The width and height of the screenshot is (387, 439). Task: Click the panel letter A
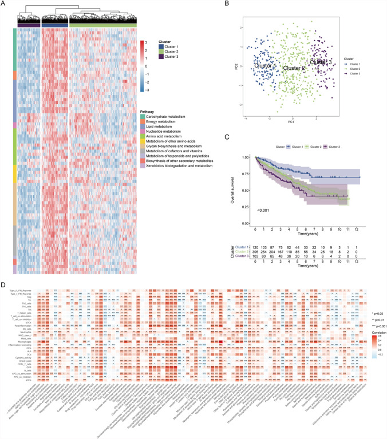pyautogui.click(x=5, y=3)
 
